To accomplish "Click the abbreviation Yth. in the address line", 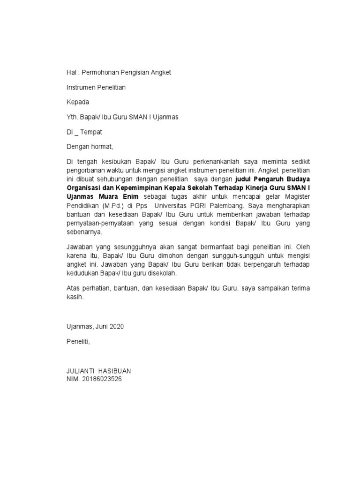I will click(x=73, y=117).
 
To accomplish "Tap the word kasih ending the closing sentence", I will click(x=75, y=297).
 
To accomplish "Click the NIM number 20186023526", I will click(x=101, y=378).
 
